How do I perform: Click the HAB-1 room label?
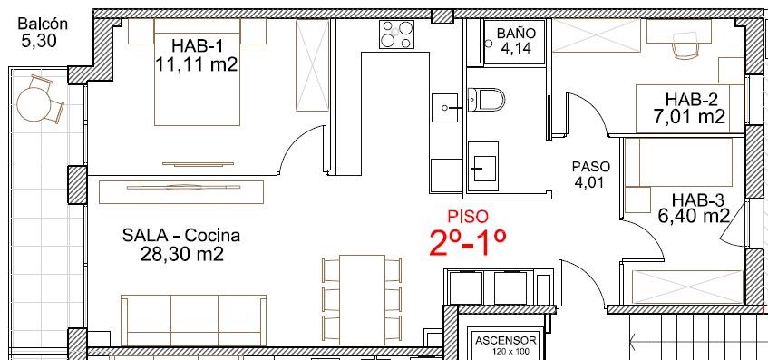click(x=198, y=46)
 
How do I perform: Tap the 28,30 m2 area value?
click(x=181, y=254)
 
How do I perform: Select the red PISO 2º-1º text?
click(x=468, y=234)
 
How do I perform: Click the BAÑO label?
click(x=516, y=34)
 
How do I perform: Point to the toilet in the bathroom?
click(x=486, y=100)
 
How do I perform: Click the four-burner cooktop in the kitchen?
click(x=396, y=34)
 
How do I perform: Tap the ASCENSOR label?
click(x=506, y=341)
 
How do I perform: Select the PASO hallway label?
click(x=591, y=167)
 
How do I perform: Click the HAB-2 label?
click(x=691, y=100)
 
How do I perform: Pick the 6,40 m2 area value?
click(x=694, y=216)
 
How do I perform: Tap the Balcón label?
click(x=42, y=24)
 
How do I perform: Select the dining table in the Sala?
click(x=362, y=299)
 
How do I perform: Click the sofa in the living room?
click(x=193, y=320)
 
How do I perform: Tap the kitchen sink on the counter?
click(x=444, y=107)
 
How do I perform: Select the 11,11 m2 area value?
click(x=196, y=64)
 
